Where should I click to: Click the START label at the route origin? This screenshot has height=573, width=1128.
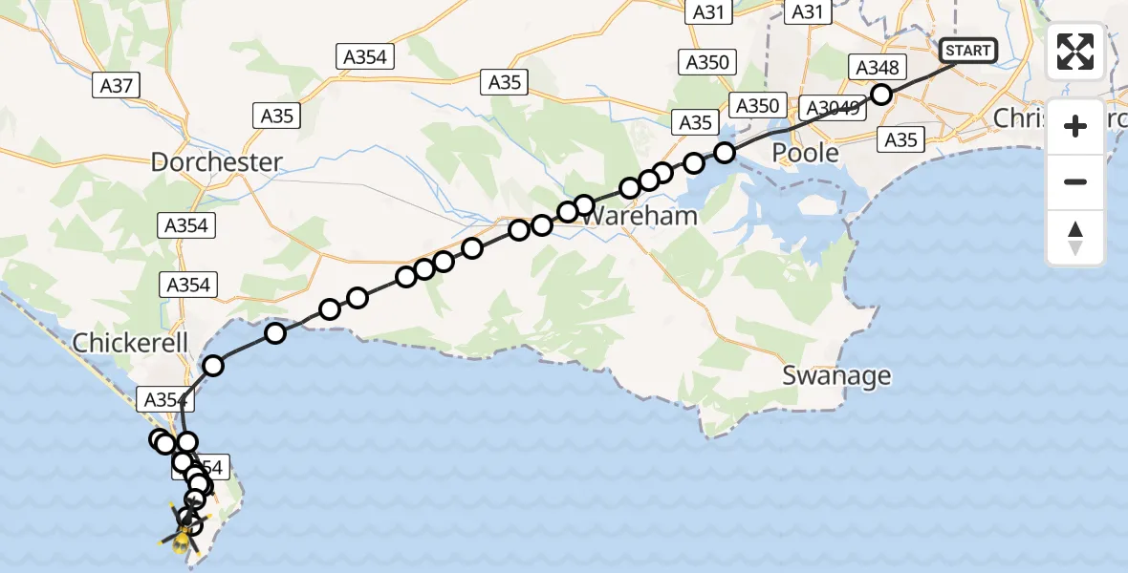pyautogui.click(x=968, y=51)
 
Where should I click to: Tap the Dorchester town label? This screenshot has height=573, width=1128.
pyautogui.click(x=217, y=161)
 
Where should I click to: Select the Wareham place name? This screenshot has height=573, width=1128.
pyautogui.click(x=639, y=216)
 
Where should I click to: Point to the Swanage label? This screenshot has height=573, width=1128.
pyautogui.click(x=836, y=375)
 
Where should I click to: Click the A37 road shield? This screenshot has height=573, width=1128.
pyautogui.click(x=117, y=86)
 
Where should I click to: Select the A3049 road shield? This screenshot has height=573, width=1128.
pyautogui.click(x=834, y=107)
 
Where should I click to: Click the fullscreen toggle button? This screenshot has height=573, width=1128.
pyautogui.click(x=1075, y=52)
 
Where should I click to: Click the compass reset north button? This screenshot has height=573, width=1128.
pyautogui.click(x=1075, y=238)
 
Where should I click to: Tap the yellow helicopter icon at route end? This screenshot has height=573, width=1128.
pyautogui.click(x=181, y=541)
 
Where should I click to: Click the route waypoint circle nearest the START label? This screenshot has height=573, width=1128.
pyautogui.click(x=881, y=95)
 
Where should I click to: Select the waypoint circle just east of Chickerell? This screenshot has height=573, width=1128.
pyautogui.click(x=213, y=365)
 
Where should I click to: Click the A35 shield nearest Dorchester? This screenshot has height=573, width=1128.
pyautogui.click(x=277, y=117)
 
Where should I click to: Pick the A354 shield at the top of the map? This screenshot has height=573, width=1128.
pyautogui.click(x=365, y=57)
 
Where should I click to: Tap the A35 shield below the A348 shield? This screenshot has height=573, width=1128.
pyautogui.click(x=900, y=140)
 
